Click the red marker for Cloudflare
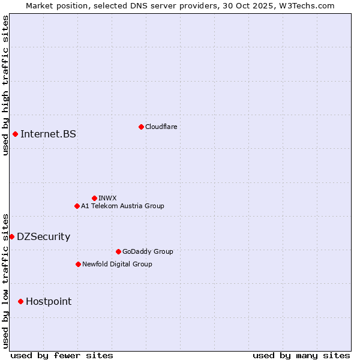click(x=141, y=127)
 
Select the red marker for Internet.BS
click(x=15, y=134)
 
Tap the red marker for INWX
click(x=94, y=198)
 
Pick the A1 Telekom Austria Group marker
click(x=77, y=206)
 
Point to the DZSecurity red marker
click(x=11, y=236)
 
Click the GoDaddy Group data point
click(x=118, y=251)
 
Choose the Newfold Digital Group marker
click(x=78, y=264)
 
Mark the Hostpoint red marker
click(x=20, y=301)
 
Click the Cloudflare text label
click(x=161, y=127)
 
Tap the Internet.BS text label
click(x=48, y=134)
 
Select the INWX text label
click(x=107, y=198)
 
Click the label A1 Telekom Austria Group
click(x=122, y=206)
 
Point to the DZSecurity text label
click(x=43, y=236)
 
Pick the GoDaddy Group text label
click(x=148, y=251)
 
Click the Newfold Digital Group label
click(x=117, y=264)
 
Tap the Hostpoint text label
click(x=49, y=301)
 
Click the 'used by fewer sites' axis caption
click(x=62, y=355)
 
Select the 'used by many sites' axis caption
click(x=301, y=355)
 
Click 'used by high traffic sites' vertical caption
click(x=5, y=85)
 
